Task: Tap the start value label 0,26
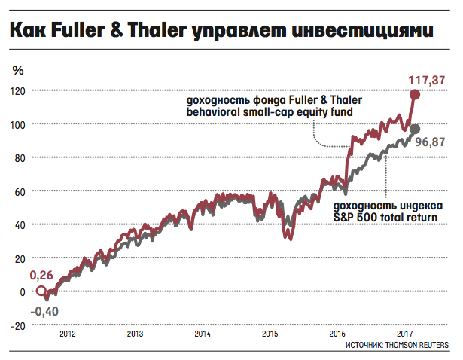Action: [42, 276]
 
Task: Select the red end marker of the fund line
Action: [415, 94]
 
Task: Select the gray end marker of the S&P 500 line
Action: [414, 128]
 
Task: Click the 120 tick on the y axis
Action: [18, 90]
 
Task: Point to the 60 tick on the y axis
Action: [20, 191]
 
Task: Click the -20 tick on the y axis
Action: [18, 325]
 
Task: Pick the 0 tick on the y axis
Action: [23, 292]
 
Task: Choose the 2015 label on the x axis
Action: [270, 333]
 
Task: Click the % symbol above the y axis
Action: [18, 70]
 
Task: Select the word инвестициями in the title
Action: [366, 32]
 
